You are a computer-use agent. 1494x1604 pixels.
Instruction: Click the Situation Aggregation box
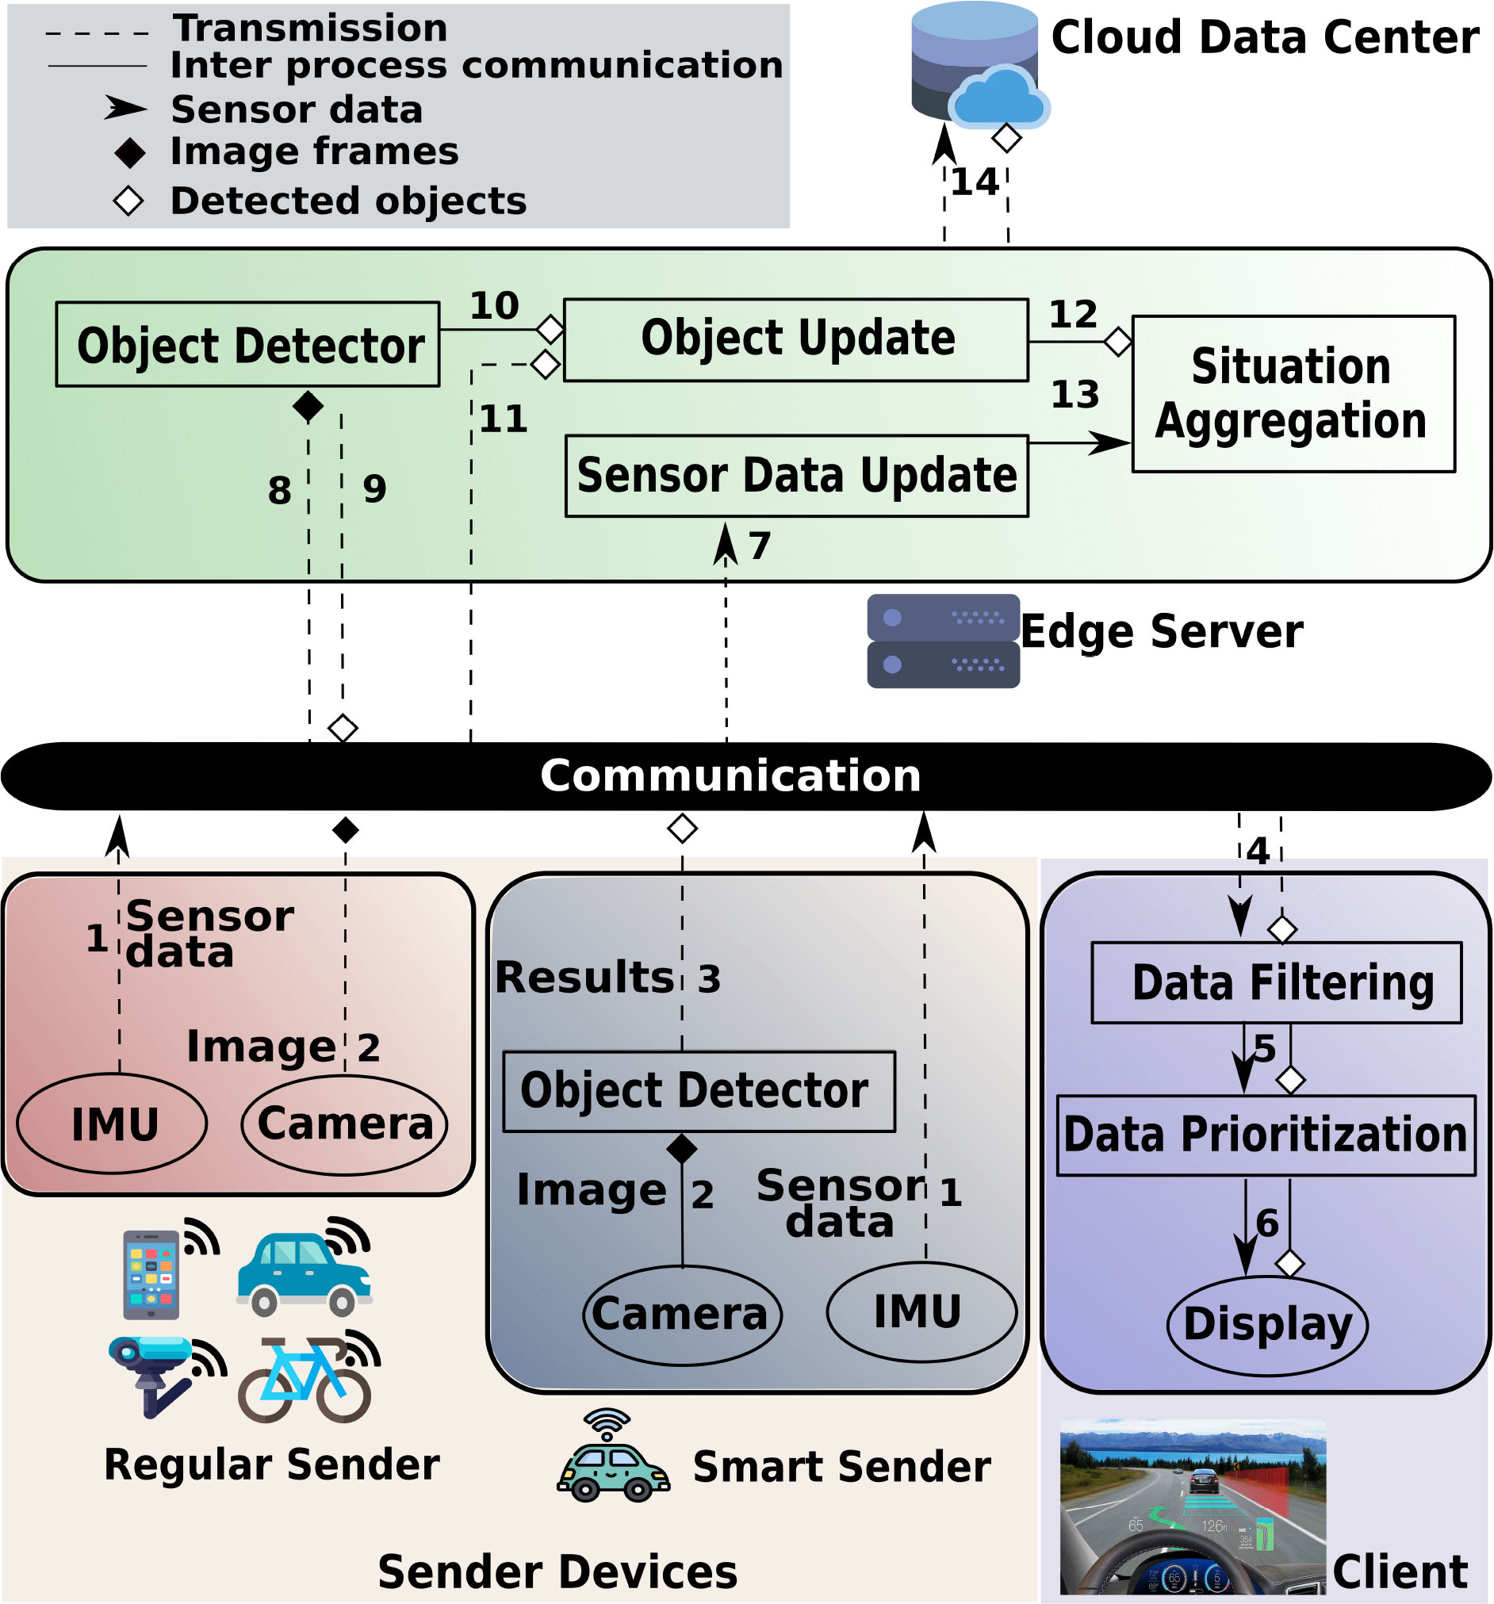[x=1293, y=394]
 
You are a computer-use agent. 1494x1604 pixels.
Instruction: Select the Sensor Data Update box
[x=796, y=476]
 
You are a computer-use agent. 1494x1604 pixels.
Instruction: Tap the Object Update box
[x=796, y=339]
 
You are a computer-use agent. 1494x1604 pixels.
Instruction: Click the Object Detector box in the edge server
[x=247, y=345]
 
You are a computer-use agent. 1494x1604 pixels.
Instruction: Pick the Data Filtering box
[x=1276, y=982]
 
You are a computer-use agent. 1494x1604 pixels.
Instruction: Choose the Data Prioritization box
[x=1266, y=1135]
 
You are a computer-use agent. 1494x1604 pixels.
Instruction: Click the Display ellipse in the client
[x=1267, y=1324]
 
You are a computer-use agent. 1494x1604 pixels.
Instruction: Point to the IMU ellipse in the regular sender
[x=112, y=1124]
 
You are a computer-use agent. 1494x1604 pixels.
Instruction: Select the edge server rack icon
[x=943, y=641]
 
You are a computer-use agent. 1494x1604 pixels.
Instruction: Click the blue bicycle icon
[x=305, y=1379]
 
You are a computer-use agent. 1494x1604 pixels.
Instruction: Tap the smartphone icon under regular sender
[x=151, y=1274]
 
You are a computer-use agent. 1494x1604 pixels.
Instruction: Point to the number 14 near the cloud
[x=975, y=182]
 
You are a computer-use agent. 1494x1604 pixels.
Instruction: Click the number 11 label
[x=504, y=419]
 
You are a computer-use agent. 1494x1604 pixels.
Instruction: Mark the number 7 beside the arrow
[x=760, y=546]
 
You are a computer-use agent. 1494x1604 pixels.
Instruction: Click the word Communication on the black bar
[x=730, y=776]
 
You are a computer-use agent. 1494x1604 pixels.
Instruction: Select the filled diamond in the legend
[x=129, y=152]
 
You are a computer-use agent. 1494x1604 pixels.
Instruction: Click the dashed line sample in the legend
[x=97, y=34]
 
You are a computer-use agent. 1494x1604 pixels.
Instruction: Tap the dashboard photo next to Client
[x=1192, y=1507]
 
